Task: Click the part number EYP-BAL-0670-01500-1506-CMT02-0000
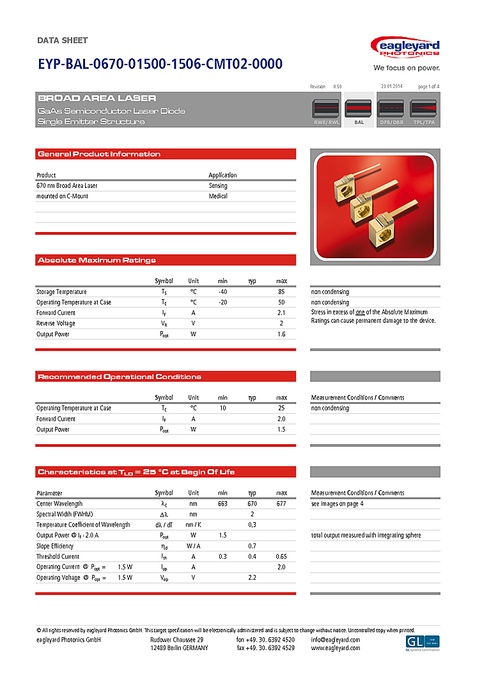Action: click(x=160, y=64)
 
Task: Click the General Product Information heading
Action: click(x=99, y=154)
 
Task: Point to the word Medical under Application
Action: click(x=218, y=196)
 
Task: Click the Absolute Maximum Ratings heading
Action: click(x=97, y=260)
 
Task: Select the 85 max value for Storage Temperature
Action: click(x=281, y=291)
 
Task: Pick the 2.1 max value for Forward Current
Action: click(x=281, y=313)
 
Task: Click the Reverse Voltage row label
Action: click(x=56, y=323)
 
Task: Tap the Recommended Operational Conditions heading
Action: click(x=120, y=376)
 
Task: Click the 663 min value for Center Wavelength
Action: click(x=222, y=504)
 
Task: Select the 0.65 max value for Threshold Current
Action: click(x=281, y=557)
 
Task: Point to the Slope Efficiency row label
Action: click(x=55, y=546)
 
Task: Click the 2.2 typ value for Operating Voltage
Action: click(x=253, y=578)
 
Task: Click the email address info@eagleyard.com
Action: click(x=336, y=640)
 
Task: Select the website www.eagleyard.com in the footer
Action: click(x=336, y=648)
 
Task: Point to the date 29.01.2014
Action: click(x=392, y=86)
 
